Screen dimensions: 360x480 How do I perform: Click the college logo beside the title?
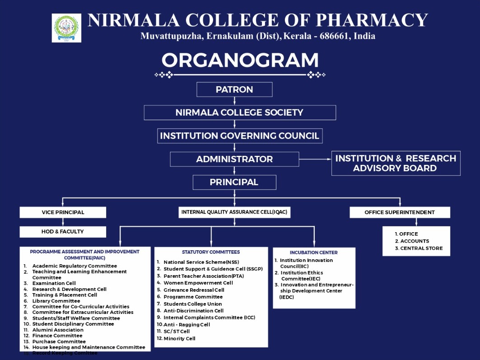pyautogui.click(x=66, y=28)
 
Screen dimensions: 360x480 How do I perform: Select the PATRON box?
pyautogui.click(x=234, y=89)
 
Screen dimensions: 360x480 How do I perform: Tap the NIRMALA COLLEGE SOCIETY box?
pyautogui.click(x=239, y=112)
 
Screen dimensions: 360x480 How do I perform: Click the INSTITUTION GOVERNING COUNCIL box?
pyautogui.click(x=239, y=136)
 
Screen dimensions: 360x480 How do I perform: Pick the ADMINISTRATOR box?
pyautogui.click(x=234, y=159)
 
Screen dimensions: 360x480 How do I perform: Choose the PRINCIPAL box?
pyautogui.click(x=234, y=182)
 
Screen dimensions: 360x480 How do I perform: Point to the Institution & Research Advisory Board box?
pyautogui.click(x=396, y=163)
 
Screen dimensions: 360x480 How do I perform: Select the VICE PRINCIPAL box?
pyautogui.click(x=63, y=212)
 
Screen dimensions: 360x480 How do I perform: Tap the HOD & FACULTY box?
pyautogui.click(x=63, y=232)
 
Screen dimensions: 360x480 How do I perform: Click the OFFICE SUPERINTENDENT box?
pyautogui.click(x=400, y=212)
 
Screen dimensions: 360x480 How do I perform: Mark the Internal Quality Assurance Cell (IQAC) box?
pyautogui.click(x=234, y=212)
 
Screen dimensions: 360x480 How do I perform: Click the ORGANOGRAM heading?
pyautogui.click(x=240, y=61)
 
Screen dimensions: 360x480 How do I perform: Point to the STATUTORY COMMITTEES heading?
pyautogui.click(x=211, y=252)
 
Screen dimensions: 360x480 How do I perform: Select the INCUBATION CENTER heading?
pyautogui.click(x=314, y=252)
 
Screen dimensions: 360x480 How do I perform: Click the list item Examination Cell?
pyautogui.click(x=54, y=283)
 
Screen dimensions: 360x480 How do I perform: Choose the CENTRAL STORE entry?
pyautogui.click(x=421, y=248)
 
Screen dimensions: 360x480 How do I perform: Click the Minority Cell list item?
pyautogui.click(x=179, y=338)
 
